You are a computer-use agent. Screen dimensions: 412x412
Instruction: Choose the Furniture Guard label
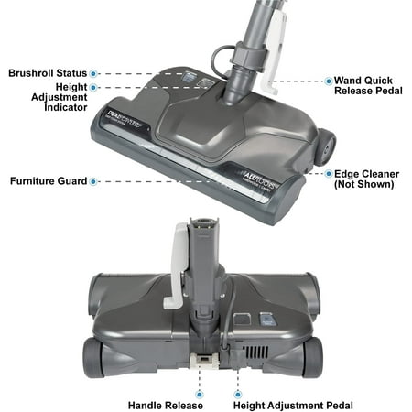click(47, 181)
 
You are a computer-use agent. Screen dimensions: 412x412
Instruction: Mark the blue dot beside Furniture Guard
click(94, 181)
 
